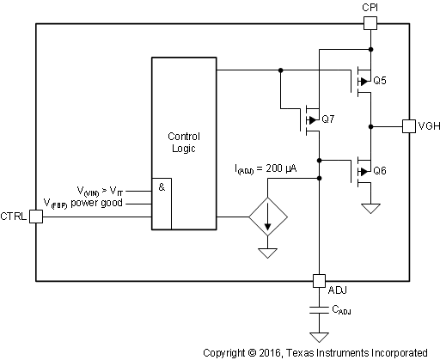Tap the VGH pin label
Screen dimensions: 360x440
[429, 126]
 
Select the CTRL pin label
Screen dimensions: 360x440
[15, 217]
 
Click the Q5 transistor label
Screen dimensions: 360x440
[378, 81]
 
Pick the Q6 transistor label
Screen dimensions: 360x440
[378, 170]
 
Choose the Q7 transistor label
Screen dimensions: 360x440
[326, 119]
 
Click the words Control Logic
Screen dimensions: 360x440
[185, 142]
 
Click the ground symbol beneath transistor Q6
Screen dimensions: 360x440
[370, 208]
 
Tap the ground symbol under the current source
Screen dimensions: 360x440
[267, 253]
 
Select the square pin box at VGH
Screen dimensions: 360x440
[409, 126]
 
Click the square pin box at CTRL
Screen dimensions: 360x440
[35, 217]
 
